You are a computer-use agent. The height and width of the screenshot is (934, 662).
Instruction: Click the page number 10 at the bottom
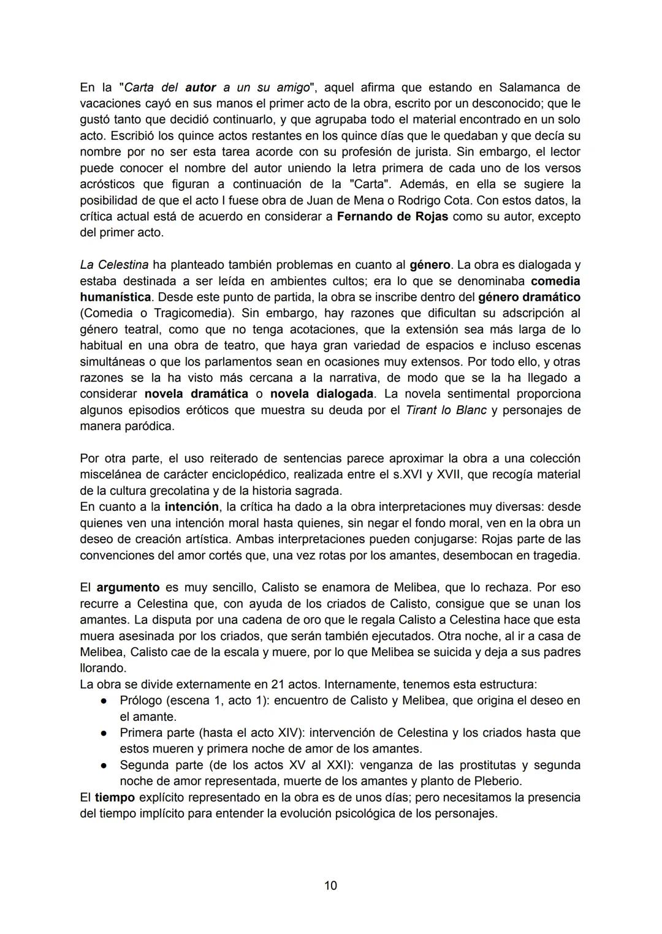(x=330, y=886)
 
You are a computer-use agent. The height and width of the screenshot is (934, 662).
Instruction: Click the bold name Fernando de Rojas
(x=392, y=216)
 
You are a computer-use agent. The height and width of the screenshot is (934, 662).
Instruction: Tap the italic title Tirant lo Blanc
(x=446, y=410)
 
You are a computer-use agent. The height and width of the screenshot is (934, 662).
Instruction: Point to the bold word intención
(x=192, y=507)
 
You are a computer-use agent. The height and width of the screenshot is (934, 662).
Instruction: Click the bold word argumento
(x=128, y=587)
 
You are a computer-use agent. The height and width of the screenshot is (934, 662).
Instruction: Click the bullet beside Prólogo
(x=105, y=701)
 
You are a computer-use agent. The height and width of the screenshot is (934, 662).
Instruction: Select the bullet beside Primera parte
(x=105, y=733)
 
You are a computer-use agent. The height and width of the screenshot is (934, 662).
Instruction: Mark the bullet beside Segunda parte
(x=105, y=766)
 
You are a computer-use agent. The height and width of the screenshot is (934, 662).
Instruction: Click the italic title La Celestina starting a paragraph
(x=114, y=265)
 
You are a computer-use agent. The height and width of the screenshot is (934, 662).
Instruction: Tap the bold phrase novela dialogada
(x=322, y=394)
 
